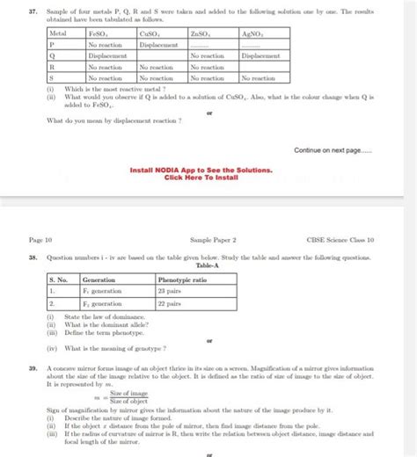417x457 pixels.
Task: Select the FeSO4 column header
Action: coord(99,32)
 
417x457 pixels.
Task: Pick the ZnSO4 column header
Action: coord(202,32)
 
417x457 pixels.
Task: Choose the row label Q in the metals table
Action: coord(52,55)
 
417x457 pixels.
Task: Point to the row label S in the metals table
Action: coord(52,78)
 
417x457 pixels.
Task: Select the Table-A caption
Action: coord(208,265)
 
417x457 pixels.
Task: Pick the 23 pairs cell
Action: coord(169,289)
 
